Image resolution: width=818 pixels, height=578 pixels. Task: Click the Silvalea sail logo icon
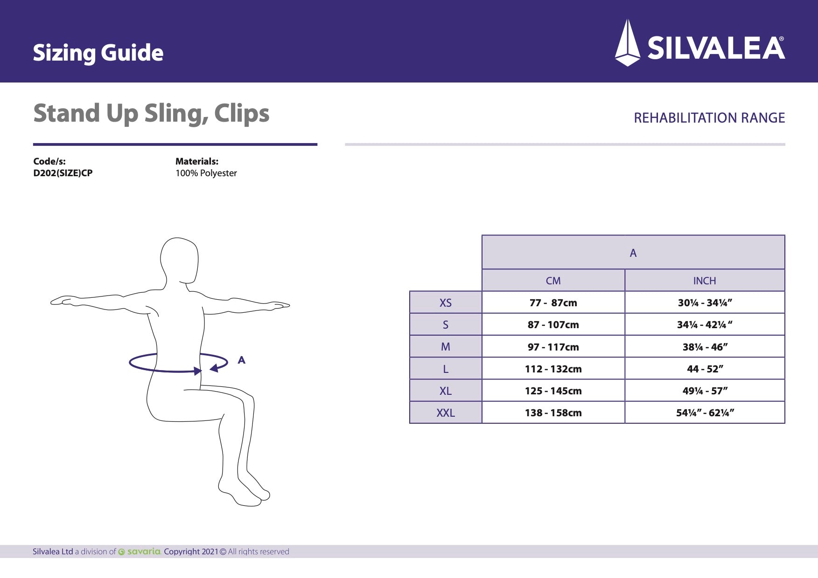[628, 43]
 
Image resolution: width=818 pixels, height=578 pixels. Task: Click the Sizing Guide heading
[98, 53]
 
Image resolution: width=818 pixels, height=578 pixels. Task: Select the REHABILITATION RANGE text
[709, 118]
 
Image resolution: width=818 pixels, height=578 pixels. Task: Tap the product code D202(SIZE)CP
[63, 173]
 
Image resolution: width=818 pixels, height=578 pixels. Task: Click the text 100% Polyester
[206, 173]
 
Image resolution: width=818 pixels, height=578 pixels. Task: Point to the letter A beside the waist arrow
[241, 360]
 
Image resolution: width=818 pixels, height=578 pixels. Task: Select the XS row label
[446, 303]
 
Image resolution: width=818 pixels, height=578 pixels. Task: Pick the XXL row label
[446, 413]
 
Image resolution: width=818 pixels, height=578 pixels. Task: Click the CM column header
[553, 281]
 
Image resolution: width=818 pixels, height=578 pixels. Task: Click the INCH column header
[704, 281]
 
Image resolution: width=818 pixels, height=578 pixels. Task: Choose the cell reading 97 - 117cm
[553, 347]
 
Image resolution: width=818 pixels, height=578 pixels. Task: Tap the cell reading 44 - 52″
[705, 369]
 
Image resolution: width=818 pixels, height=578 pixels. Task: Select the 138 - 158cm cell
[553, 413]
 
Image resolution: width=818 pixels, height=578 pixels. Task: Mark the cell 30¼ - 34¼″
[705, 303]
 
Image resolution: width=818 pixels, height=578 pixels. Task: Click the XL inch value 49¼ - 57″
[705, 391]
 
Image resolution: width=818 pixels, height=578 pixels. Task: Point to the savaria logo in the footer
[140, 551]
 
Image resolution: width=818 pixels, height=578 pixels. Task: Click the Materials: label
[196, 161]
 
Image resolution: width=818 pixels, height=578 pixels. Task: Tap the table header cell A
[633, 253]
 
